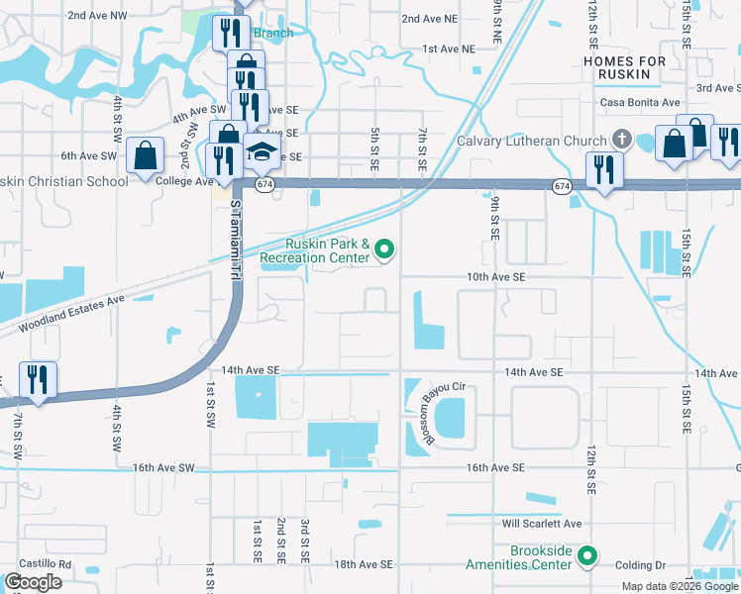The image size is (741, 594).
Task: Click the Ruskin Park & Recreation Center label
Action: click(x=328, y=250)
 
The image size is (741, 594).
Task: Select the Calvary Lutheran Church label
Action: click(x=530, y=141)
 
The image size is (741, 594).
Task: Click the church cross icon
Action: click(x=622, y=138)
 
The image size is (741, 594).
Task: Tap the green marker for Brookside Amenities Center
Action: click(x=587, y=556)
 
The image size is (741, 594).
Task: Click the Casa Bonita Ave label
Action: click(x=640, y=103)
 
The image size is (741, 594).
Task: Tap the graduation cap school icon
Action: click(x=262, y=153)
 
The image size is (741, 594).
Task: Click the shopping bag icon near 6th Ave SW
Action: click(x=146, y=156)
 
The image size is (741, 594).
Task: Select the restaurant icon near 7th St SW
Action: click(x=38, y=379)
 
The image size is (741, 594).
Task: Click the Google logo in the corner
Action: click(x=34, y=582)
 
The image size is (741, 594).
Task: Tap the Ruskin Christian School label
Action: click(x=64, y=181)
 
